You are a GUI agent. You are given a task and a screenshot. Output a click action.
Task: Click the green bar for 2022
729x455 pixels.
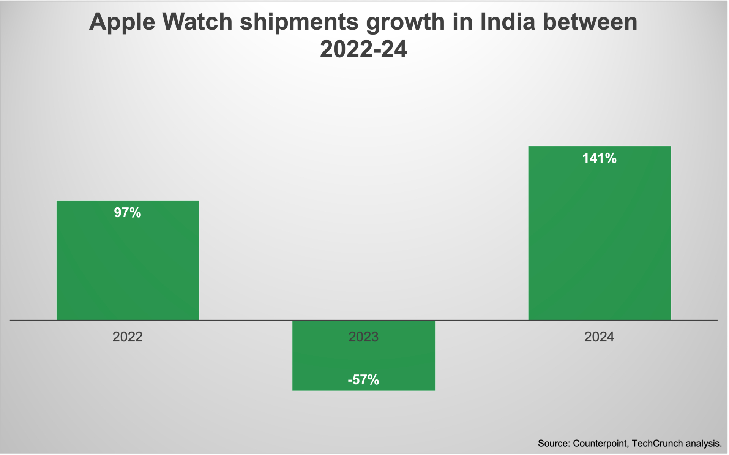(128, 266)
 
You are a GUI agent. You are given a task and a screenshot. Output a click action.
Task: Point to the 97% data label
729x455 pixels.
(128, 213)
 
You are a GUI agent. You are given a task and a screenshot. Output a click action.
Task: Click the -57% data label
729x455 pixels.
(363, 380)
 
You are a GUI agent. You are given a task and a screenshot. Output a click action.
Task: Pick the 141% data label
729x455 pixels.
(599, 158)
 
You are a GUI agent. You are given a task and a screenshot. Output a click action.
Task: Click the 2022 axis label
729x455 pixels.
(128, 337)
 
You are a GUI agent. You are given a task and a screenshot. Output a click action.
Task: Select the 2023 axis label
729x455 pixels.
(363, 337)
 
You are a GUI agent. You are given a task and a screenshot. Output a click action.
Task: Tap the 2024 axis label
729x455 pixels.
(599, 337)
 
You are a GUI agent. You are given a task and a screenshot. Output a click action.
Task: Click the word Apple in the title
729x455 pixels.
(122, 22)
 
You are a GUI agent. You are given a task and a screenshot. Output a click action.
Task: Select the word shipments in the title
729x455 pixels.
(299, 22)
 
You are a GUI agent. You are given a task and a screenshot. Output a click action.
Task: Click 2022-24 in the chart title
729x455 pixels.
(363, 49)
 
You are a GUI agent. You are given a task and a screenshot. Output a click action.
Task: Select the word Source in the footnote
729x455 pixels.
(553, 443)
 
